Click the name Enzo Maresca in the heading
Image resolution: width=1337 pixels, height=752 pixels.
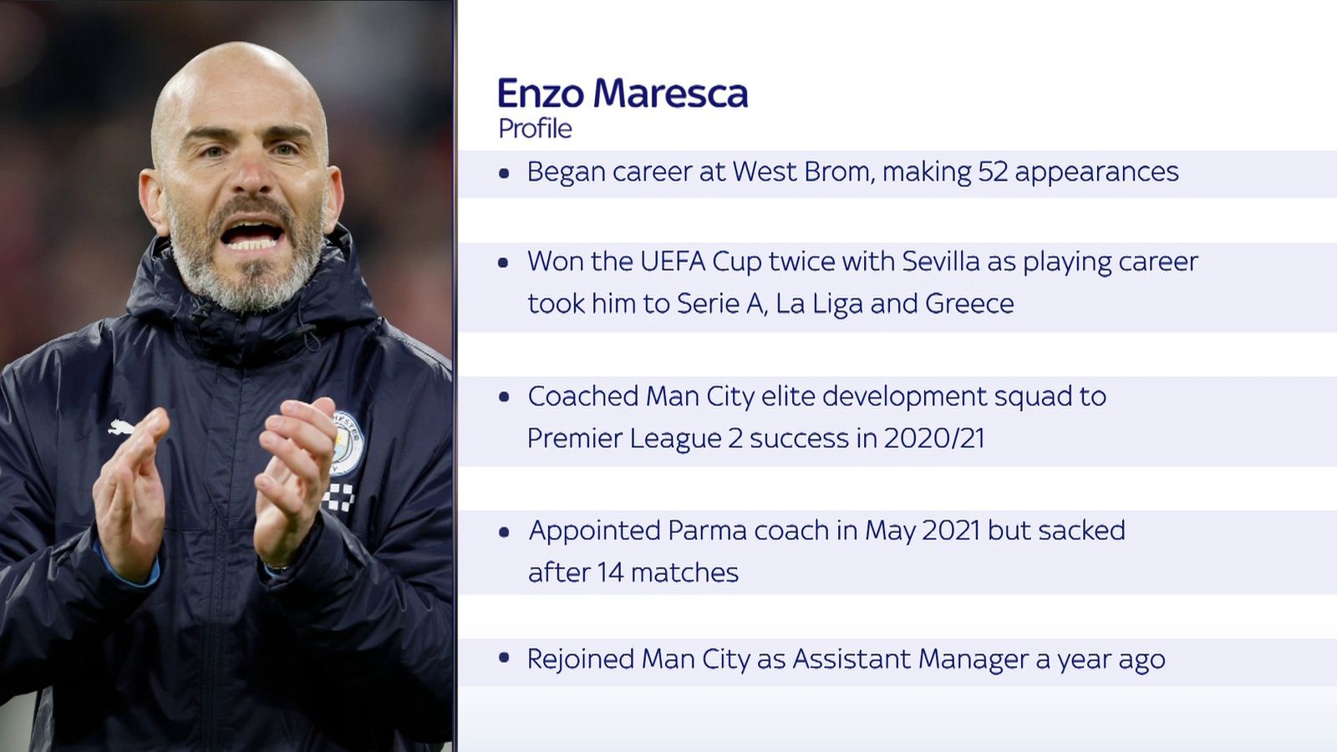click(623, 94)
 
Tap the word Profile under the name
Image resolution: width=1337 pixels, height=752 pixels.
click(535, 129)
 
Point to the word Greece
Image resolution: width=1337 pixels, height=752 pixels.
click(969, 303)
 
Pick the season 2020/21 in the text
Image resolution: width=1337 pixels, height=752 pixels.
click(934, 438)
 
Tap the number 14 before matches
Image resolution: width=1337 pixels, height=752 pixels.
click(610, 572)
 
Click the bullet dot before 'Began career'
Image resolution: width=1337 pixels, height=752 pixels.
click(504, 174)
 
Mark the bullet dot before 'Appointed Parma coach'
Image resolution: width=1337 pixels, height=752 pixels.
click(504, 532)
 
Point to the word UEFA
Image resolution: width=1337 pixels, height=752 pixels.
click(673, 262)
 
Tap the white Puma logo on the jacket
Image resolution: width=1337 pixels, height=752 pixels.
click(122, 428)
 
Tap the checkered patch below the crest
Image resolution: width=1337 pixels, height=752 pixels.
click(339, 496)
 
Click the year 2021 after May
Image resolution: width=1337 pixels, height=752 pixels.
click(951, 531)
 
